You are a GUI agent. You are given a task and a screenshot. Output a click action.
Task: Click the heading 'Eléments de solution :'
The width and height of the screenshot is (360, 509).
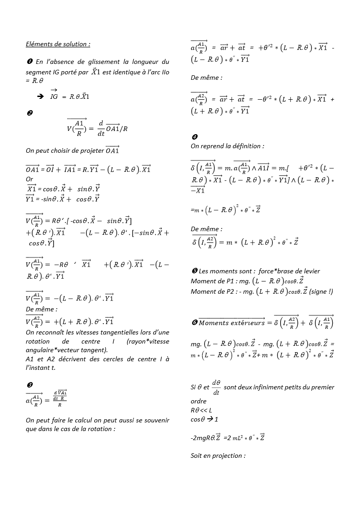coord(58,44)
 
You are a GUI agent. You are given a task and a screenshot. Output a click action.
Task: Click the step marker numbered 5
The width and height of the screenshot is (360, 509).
coord(194,271)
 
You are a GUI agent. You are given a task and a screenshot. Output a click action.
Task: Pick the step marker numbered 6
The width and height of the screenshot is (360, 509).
coord(194,323)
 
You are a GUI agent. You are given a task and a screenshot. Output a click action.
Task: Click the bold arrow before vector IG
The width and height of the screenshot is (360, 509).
coord(40,97)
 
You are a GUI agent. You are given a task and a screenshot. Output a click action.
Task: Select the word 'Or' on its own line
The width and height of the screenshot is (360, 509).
coord(29,179)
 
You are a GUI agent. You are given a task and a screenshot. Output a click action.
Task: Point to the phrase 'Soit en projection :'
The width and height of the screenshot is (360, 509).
coord(218,455)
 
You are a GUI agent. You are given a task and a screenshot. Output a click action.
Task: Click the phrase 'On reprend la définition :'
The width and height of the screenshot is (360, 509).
coord(227,146)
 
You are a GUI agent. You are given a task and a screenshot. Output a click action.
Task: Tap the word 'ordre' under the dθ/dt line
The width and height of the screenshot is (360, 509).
coord(198,401)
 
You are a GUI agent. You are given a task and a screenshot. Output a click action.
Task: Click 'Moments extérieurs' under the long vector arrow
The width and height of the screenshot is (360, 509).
coord(232,323)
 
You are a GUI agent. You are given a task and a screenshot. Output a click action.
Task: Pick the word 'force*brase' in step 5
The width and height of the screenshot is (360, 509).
coord(277,271)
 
